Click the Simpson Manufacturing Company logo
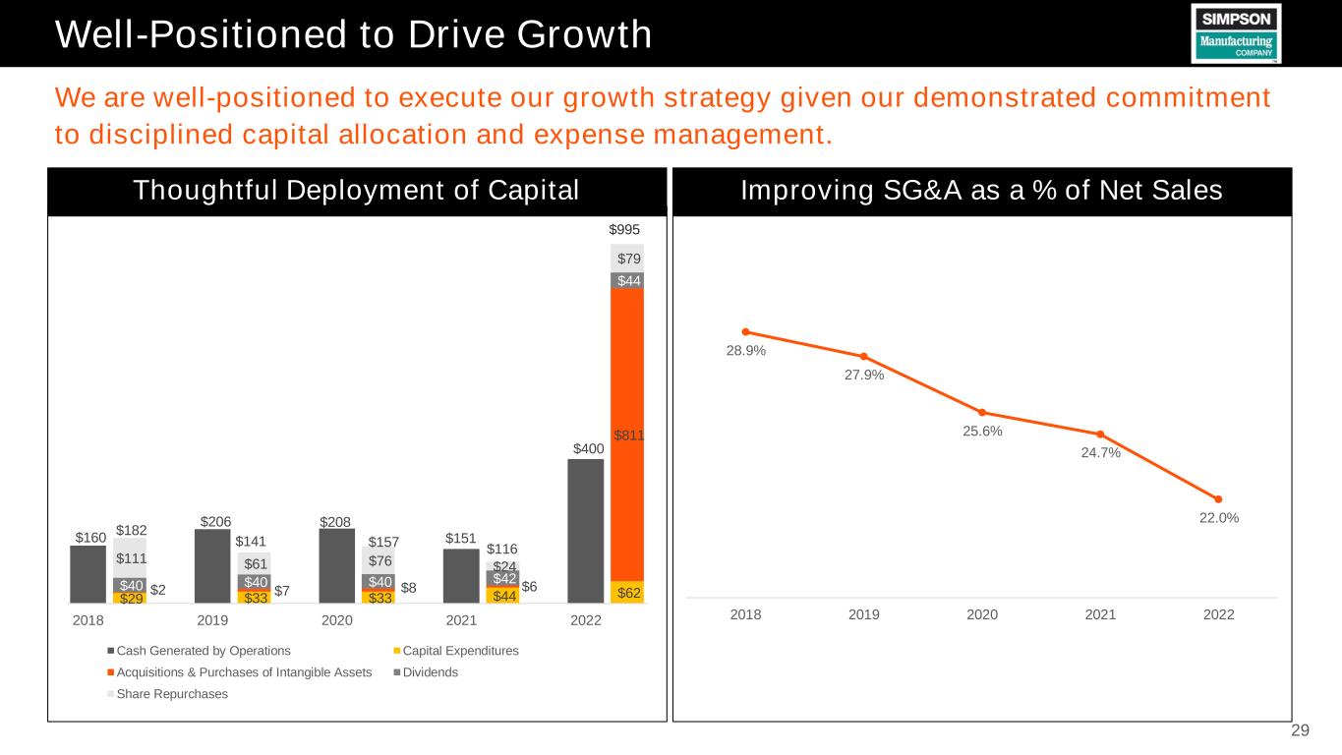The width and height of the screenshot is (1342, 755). pyautogui.click(x=1236, y=33)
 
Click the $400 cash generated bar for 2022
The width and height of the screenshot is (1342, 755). pyautogui.click(x=586, y=531)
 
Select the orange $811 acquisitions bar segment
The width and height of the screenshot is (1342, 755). pyautogui.click(x=627, y=435)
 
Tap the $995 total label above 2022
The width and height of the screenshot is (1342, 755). pyautogui.click(x=625, y=229)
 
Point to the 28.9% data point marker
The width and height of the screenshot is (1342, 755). pyautogui.click(x=746, y=331)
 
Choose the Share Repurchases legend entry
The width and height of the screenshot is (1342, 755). pyautogui.click(x=167, y=694)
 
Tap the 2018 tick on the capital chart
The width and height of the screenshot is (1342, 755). pyautogui.click(x=88, y=621)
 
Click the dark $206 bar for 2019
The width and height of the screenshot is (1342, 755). pyautogui.click(x=212, y=566)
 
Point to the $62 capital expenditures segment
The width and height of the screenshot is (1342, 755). pyautogui.click(x=627, y=593)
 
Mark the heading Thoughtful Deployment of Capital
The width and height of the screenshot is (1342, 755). pyautogui.click(x=356, y=192)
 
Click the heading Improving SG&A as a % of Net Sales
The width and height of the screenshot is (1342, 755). pyautogui.click(x=982, y=192)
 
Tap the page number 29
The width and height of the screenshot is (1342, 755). pyautogui.click(x=1300, y=730)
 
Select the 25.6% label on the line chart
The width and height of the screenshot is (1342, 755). pyautogui.click(x=983, y=431)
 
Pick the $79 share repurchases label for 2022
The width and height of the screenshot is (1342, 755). pyautogui.click(x=627, y=259)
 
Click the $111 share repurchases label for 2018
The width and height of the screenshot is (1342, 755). pyautogui.click(x=130, y=558)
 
